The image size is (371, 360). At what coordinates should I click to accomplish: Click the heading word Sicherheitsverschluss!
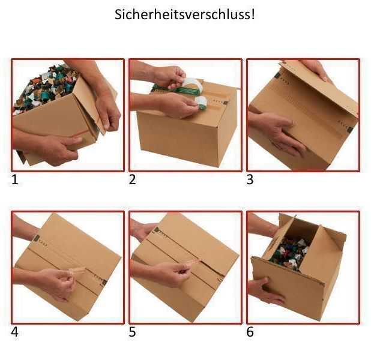pos(185,14)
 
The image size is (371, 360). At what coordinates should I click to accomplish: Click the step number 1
pos(15,179)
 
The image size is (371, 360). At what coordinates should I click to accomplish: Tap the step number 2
pos(133,179)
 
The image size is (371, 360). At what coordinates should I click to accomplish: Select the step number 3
pos(250,179)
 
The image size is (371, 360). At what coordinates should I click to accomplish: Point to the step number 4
pos(15,332)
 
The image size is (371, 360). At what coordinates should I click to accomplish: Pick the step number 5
pos(133,332)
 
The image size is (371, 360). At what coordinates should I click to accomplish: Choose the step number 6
pos(250,332)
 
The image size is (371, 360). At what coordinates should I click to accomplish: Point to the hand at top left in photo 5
pos(144,229)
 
